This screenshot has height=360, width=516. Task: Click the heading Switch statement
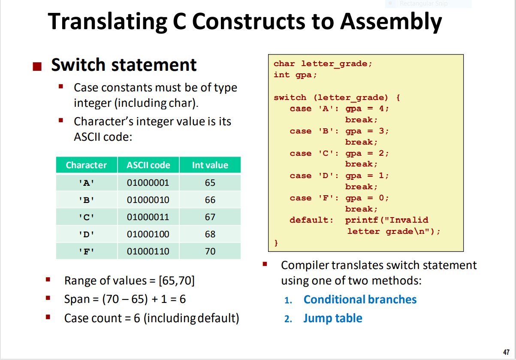point(124,65)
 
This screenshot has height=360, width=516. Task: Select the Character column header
point(86,165)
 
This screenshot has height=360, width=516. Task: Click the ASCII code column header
point(148,165)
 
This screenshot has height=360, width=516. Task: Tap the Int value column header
point(210,165)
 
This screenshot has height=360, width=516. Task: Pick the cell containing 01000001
point(148,183)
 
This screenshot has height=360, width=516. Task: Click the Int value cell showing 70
point(210,251)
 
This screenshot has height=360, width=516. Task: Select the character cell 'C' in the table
point(86,217)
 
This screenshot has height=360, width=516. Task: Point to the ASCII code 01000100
point(148,234)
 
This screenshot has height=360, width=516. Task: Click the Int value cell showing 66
point(210,200)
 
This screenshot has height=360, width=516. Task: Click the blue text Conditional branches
point(360,299)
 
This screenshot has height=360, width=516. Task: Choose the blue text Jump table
point(333,318)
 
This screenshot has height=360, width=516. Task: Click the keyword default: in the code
point(311,220)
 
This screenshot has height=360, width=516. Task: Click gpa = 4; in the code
point(367,109)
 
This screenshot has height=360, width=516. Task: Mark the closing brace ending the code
point(276,243)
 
